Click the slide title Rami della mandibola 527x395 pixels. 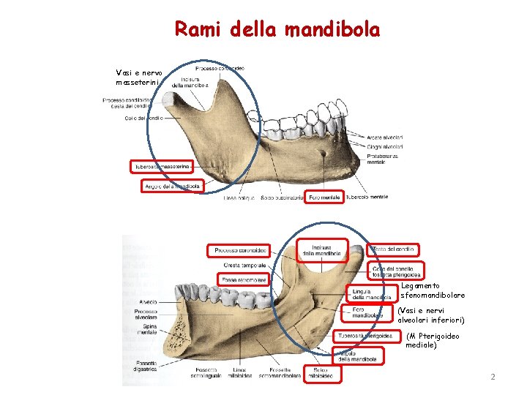(x=277, y=30)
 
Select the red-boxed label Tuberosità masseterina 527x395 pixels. (x=162, y=167)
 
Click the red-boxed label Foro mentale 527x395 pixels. (x=324, y=197)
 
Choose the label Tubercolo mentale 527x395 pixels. (x=367, y=197)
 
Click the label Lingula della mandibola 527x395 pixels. (x=367, y=294)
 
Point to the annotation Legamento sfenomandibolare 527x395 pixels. (x=433, y=290)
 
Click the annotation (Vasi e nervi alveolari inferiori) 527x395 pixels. (x=431, y=315)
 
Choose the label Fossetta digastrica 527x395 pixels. (x=146, y=366)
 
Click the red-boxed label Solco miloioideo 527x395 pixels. (x=319, y=372)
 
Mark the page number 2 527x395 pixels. (x=493, y=377)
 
